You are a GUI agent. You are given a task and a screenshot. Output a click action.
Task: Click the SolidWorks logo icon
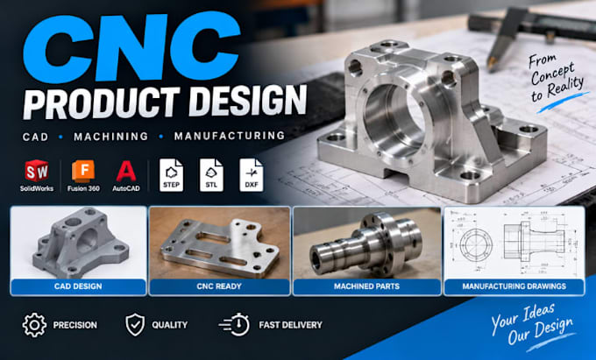point(37,171)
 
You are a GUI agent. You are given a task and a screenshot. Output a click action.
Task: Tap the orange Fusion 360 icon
point(83,172)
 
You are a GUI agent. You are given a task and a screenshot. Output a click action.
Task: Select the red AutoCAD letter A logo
point(126,172)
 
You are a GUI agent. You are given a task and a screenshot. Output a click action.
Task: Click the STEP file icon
point(171,175)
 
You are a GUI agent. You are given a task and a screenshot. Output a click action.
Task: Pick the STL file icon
point(211,175)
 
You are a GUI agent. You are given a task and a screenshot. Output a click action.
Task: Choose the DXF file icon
point(252,175)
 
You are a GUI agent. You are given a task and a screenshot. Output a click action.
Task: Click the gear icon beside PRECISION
point(34,325)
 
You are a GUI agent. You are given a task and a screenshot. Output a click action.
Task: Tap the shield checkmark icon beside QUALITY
point(135,325)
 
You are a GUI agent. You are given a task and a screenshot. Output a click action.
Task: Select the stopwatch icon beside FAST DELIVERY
point(235,325)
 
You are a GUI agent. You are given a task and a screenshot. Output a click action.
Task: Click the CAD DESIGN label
point(78,286)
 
